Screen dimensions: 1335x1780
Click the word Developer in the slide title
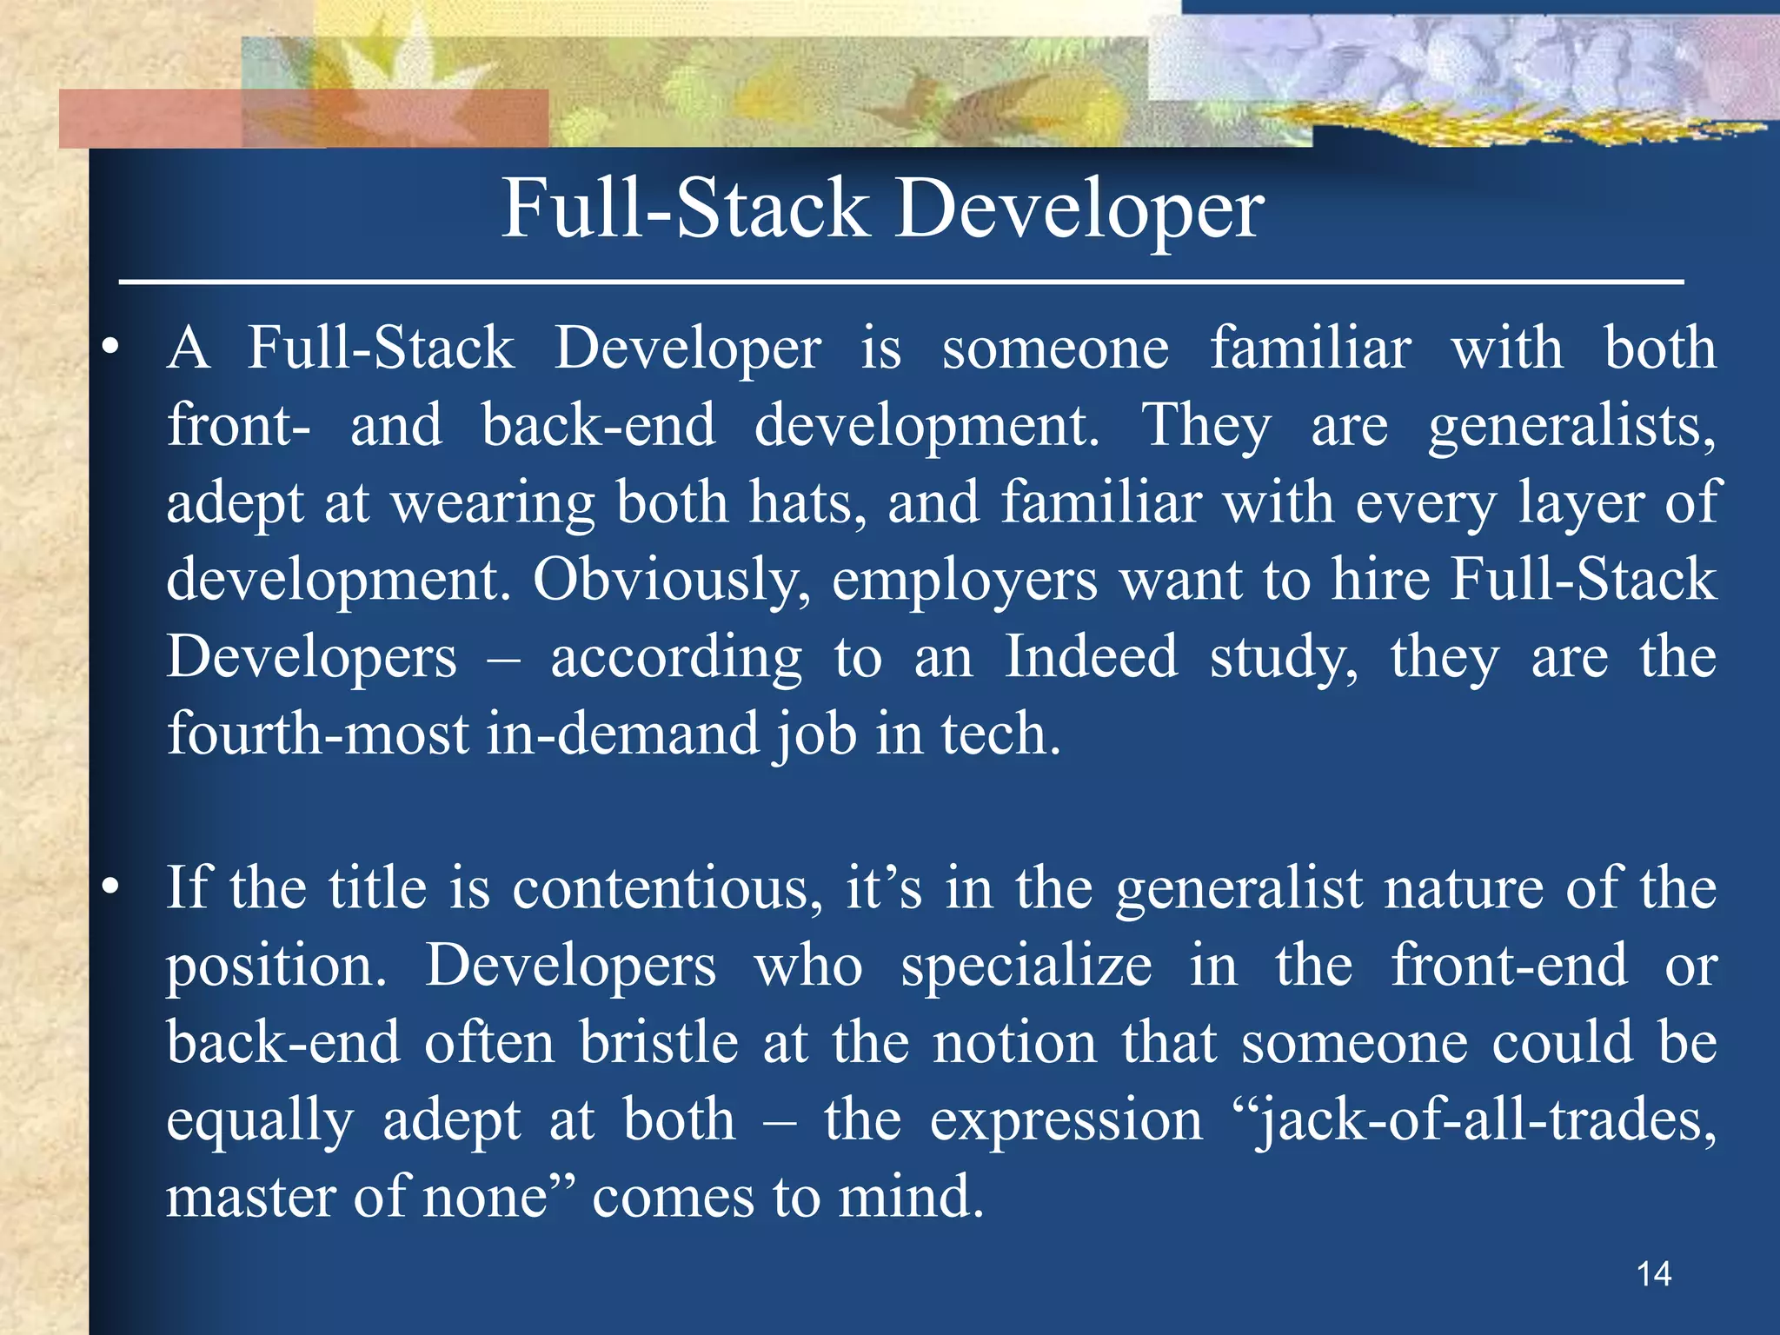pos(1079,209)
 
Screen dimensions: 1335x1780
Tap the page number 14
pos(1653,1274)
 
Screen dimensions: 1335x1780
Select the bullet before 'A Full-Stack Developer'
pos(110,349)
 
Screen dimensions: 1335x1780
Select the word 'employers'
pos(965,581)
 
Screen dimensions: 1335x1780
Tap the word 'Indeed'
pos(1092,656)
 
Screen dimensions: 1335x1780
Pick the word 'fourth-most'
pos(318,734)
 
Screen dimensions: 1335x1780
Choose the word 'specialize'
pos(1026,966)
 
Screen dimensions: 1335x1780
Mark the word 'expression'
pos(1066,1121)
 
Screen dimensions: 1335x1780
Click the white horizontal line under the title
pos(901,282)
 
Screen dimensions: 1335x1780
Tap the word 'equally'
pos(260,1121)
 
